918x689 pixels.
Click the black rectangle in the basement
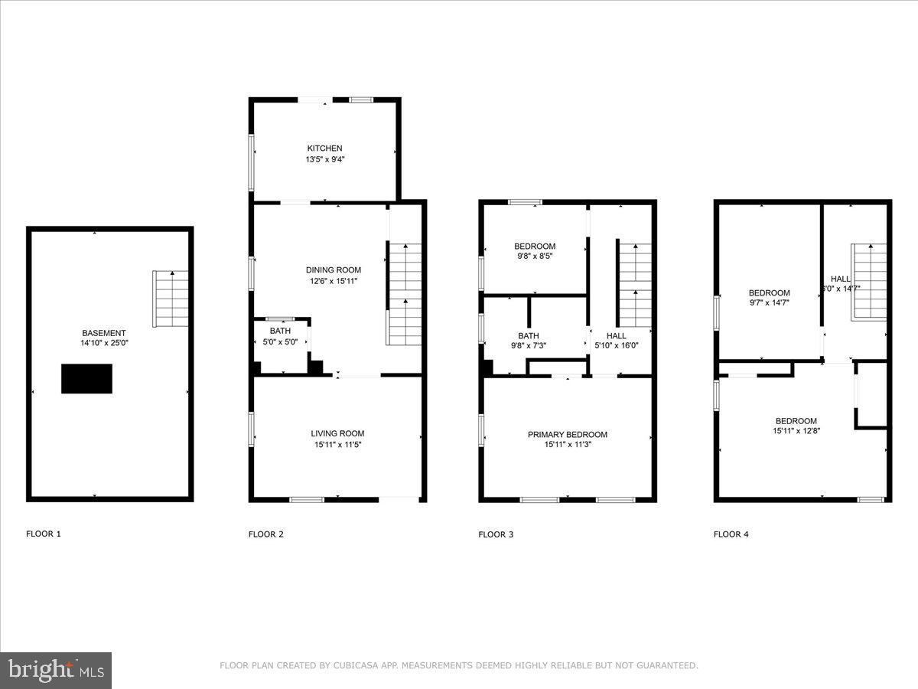[86, 379]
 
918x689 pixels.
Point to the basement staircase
[171, 299]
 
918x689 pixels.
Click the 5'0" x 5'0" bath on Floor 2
[280, 336]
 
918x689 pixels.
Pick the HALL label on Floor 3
[616, 335]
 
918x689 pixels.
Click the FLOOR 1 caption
[44, 534]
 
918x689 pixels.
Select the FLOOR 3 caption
[496, 534]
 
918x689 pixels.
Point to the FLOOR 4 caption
[731, 534]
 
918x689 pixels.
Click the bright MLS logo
[56, 671]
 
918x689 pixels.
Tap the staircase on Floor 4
[869, 281]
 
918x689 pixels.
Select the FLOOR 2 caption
[265, 534]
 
